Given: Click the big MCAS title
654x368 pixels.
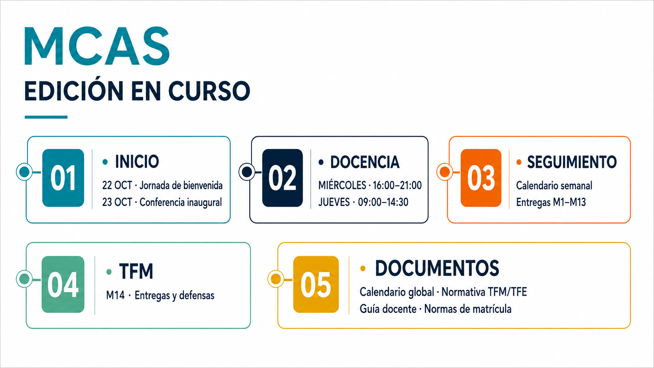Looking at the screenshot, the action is pyautogui.click(x=97, y=46).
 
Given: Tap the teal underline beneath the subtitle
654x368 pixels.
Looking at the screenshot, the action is pyautogui.click(x=46, y=117).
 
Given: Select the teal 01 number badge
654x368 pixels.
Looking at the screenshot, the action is pyautogui.click(x=63, y=178).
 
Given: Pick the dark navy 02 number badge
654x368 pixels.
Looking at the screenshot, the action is pyautogui.click(x=282, y=178).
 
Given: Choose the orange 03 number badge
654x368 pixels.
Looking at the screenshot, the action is pyautogui.click(x=481, y=178).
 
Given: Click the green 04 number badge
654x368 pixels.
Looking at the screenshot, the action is pyautogui.click(x=63, y=284).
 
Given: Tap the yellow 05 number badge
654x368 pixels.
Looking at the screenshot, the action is pyautogui.click(x=316, y=284).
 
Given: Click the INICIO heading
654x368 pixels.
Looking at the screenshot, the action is pyautogui.click(x=137, y=162).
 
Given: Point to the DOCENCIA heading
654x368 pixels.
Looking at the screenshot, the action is pyautogui.click(x=365, y=162).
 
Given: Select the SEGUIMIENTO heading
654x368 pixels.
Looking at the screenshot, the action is pyautogui.click(x=572, y=162).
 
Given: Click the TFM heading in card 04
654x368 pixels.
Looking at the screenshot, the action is pyautogui.click(x=136, y=271).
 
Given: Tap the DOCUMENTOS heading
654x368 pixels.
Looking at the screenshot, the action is pyautogui.click(x=437, y=268).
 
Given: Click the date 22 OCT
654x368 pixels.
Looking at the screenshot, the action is pyautogui.click(x=117, y=185).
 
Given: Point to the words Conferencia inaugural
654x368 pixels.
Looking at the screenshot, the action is pyautogui.click(x=181, y=202).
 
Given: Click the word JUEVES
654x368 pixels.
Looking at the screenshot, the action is pyautogui.click(x=334, y=202).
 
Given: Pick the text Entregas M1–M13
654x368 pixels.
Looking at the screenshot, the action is pyautogui.click(x=551, y=202).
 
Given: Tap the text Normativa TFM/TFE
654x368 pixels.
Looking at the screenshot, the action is pyautogui.click(x=484, y=292).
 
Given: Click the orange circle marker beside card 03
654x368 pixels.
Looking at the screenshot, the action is pyautogui.click(x=445, y=172).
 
